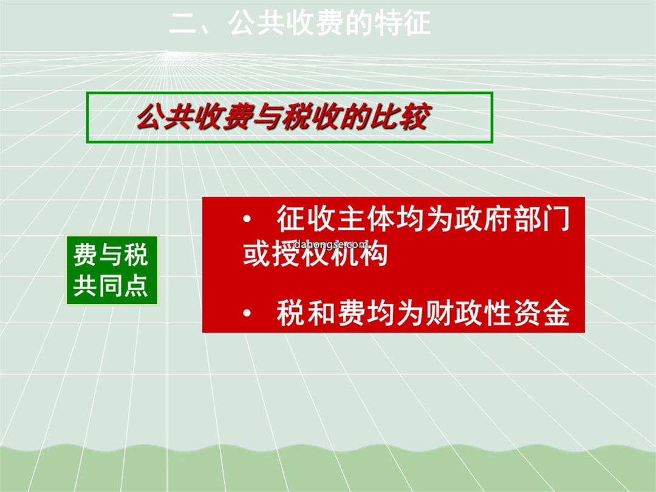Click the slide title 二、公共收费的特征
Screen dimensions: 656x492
[300, 23]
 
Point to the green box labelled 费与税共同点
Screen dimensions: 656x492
[112, 270]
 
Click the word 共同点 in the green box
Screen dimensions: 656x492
[111, 285]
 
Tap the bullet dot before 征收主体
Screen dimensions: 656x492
[247, 219]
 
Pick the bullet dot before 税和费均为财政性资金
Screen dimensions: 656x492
[247, 313]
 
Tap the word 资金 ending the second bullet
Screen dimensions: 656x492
[541, 313]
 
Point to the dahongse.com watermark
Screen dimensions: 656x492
[332, 244]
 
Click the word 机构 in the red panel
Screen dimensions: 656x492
[359, 253]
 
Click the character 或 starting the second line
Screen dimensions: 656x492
[257, 253]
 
